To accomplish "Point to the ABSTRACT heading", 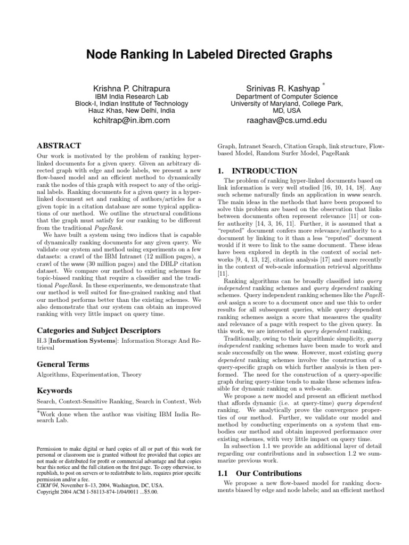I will (x=59, y=146).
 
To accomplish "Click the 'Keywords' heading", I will (x=54, y=390).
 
